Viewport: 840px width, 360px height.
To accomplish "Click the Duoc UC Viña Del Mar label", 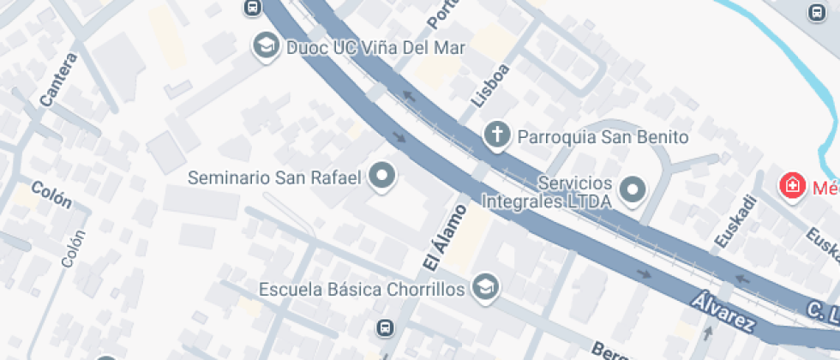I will point(376,47).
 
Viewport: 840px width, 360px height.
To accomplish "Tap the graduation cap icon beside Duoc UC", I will point(266,46).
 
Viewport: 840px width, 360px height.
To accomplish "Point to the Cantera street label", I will point(58,81).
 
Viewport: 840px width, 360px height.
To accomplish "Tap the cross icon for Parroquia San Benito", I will point(495,135).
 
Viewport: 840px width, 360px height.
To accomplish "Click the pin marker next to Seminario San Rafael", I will point(382,177).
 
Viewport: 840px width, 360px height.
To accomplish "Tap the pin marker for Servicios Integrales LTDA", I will point(633,189).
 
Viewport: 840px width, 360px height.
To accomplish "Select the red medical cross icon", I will point(792,184).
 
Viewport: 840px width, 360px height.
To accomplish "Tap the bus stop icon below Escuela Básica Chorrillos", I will point(386,328).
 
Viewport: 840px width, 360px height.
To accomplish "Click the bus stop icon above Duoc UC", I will point(252,8).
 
